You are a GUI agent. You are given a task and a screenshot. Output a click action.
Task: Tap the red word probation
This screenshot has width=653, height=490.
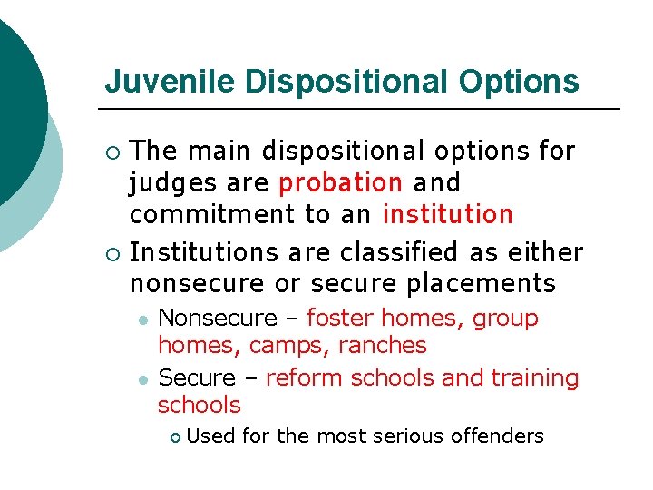(341, 182)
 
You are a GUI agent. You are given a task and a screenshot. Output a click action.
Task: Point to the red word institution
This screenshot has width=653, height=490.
(448, 215)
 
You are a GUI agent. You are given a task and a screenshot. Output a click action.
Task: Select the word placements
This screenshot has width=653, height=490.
(481, 283)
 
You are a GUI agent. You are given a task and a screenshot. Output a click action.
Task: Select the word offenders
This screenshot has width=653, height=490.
(497, 436)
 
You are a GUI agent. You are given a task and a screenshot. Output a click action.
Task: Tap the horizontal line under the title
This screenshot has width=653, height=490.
(363, 109)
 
